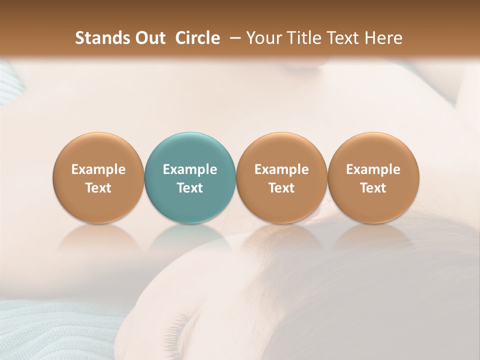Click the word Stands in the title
tap(102, 38)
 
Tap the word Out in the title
tap(149, 38)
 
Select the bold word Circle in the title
tap(197, 38)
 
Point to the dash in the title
tap(233, 38)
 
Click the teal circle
tap(190, 177)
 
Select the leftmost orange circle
tap(98, 177)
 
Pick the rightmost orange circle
tap(373, 177)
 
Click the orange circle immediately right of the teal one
tap(281, 177)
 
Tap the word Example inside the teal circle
tap(190, 169)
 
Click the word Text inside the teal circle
tap(190, 188)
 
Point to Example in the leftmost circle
tap(98, 169)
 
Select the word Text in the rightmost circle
tap(373, 188)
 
